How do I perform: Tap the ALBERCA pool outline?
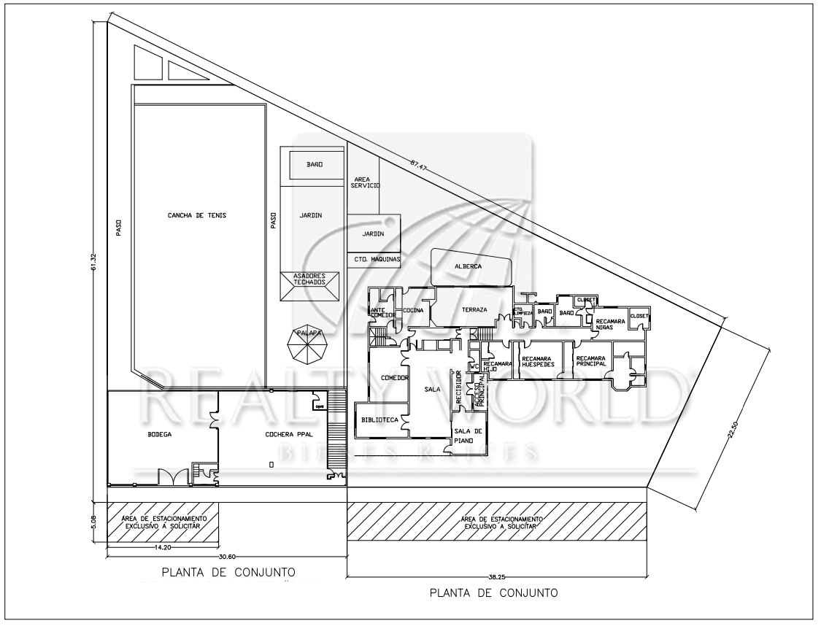pos(468,267)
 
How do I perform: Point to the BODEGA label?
pos(159,435)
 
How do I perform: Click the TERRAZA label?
pos(474,310)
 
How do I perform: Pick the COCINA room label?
pos(413,310)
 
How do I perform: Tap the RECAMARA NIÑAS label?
pos(609,325)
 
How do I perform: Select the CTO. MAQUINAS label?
pos(374,259)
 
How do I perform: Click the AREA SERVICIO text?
pos(365,182)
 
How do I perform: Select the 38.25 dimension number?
pos(496,577)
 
